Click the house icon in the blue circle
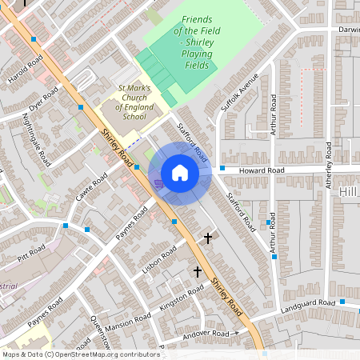(x=180, y=174)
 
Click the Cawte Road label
(x=92, y=189)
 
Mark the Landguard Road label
(x=308, y=303)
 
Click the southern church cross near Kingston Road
(x=197, y=272)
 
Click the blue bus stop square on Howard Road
(x=222, y=168)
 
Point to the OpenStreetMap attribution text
(x=81, y=354)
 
